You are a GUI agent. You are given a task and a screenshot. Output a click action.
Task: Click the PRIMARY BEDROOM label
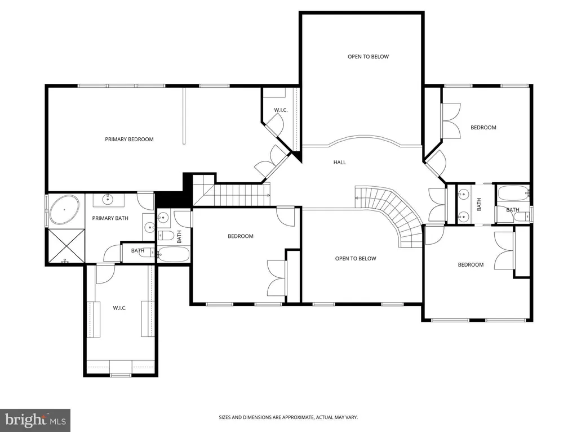(x=129, y=139)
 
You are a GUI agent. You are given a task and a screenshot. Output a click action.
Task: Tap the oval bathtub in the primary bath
(x=64, y=210)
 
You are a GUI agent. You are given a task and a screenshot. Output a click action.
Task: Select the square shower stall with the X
(x=66, y=246)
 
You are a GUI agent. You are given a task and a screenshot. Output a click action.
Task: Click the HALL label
(x=340, y=162)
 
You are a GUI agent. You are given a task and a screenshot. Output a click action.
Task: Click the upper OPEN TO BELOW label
(x=369, y=57)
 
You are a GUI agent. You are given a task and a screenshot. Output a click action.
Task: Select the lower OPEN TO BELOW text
(x=356, y=259)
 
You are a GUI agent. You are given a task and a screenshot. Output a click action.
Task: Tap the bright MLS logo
(x=35, y=420)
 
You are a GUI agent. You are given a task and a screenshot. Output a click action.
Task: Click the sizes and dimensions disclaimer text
(x=288, y=417)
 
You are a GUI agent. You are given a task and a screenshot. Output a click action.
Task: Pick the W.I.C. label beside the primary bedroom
(x=281, y=110)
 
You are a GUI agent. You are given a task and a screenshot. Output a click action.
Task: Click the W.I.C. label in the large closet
(x=119, y=308)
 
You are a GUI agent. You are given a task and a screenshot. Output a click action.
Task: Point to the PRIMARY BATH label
(x=110, y=218)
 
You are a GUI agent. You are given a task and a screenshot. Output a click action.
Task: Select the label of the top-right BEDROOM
(x=483, y=128)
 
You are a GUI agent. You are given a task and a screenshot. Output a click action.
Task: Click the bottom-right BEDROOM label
(x=471, y=264)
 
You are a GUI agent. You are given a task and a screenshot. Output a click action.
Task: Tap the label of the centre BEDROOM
(x=240, y=236)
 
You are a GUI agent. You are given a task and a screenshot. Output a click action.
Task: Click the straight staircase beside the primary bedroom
(x=232, y=195)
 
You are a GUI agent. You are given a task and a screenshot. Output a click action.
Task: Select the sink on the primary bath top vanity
(x=108, y=200)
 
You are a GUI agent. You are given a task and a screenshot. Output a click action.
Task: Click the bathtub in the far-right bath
(x=513, y=192)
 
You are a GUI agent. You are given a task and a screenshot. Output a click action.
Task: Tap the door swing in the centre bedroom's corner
(x=286, y=218)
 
